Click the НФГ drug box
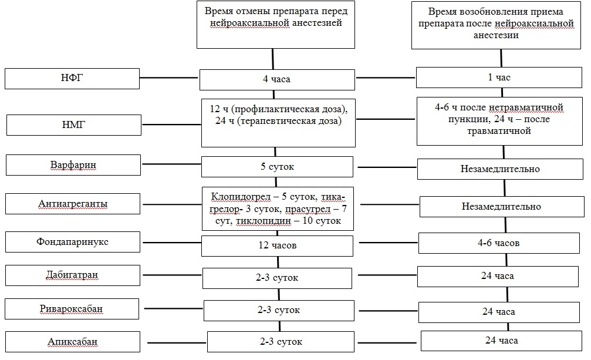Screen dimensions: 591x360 (x=72, y=79)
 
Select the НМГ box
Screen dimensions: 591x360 (x=74, y=125)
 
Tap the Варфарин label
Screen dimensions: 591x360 (x=73, y=165)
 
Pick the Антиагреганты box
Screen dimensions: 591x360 (x=73, y=204)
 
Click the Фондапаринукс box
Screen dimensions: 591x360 (x=73, y=241)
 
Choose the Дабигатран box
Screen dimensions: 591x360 (x=73, y=275)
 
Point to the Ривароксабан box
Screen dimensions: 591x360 (x=72, y=309)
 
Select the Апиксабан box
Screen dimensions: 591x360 (x=73, y=342)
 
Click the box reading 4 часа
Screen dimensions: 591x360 (x=277, y=79)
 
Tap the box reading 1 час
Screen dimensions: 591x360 (x=499, y=78)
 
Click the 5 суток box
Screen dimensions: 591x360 (x=277, y=167)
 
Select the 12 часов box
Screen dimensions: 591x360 (x=278, y=246)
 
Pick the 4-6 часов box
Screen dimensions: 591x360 (x=499, y=243)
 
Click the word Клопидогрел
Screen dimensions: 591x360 (x=241, y=196)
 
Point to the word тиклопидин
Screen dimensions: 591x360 (x=264, y=221)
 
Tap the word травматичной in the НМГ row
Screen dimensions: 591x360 (x=499, y=131)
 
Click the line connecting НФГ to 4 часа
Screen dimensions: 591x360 (x=169, y=78)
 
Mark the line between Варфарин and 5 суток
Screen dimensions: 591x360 (x=171, y=164)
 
